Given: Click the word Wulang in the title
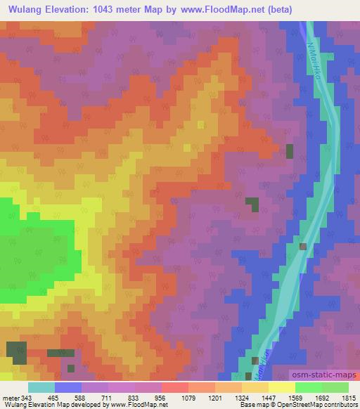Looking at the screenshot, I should [28, 10].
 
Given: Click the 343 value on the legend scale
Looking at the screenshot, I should [26, 397].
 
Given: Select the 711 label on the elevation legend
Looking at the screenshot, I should [106, 397].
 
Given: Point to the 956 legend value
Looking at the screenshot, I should [161, 397].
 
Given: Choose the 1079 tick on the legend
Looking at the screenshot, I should [188, 397].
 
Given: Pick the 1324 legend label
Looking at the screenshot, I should [243, 397].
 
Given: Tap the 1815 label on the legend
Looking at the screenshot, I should [349, 397].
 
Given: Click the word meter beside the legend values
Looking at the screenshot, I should [10, 397].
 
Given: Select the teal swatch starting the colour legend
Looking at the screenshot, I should [41, 387].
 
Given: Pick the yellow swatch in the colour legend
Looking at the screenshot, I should [282, 387].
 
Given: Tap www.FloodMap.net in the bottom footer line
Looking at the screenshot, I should [133, 405].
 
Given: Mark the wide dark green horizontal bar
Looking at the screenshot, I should [60, 353].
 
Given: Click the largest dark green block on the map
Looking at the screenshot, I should [15, 351].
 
